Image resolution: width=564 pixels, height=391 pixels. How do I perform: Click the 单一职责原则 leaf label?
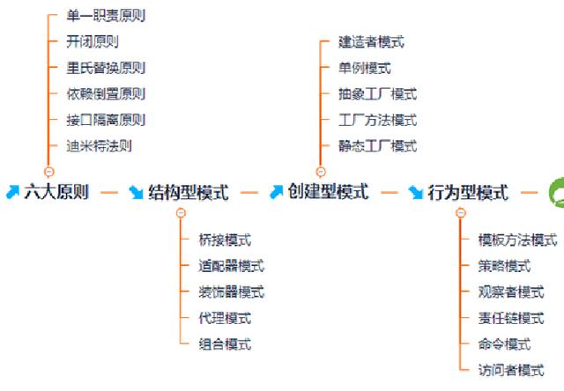point(105,16)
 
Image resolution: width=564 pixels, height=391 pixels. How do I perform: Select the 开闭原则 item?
point(92,41)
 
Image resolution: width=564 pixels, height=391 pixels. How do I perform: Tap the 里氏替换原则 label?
point(105,68)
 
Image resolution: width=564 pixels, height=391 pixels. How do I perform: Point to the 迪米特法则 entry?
point(99,146)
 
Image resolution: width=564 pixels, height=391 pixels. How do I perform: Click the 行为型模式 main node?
point(468,192)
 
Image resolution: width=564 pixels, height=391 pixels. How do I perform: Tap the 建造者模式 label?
point(371,41)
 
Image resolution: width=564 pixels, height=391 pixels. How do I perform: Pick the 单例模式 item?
point(365,68)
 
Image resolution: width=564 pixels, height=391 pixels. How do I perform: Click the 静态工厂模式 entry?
point(377,146)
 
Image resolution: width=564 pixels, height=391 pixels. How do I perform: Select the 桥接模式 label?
point(225,240)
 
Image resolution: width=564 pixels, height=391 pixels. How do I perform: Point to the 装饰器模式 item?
point(231,292)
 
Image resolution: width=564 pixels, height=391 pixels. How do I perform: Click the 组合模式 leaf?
point(225,344)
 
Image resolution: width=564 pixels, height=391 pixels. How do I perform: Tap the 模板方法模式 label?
point(517,240)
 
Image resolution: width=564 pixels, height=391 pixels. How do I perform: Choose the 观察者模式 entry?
point(511,292)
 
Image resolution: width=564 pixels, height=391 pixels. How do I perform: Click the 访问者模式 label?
point(511,371)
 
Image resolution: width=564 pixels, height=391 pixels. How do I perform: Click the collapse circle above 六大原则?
point(48,172)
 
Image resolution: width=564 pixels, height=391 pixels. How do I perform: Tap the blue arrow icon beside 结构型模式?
point(137,192)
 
